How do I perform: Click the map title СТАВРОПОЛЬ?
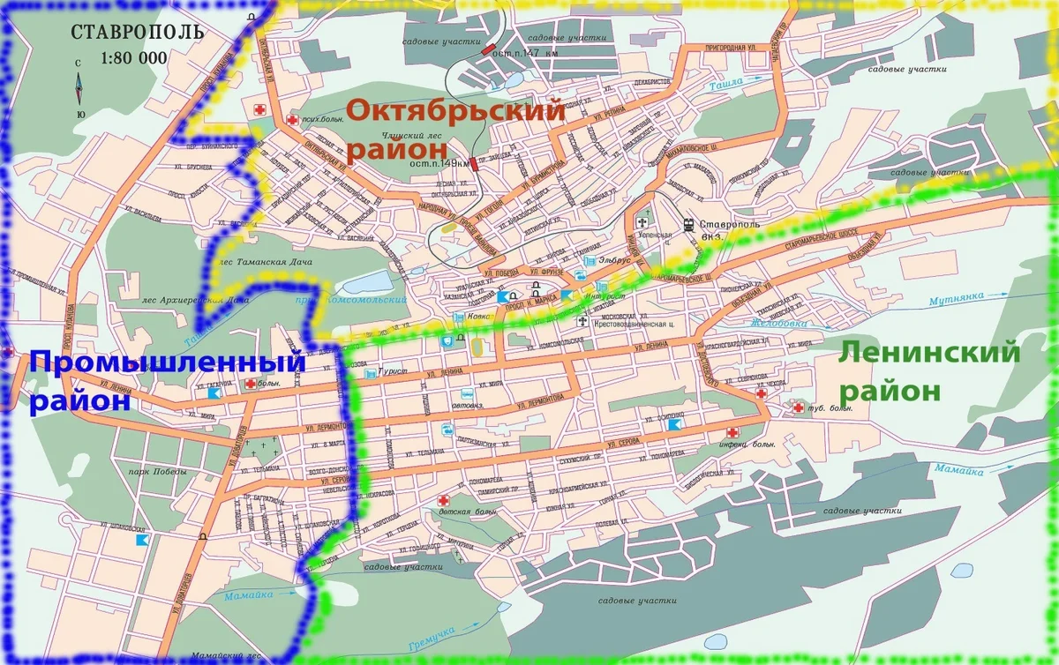[x=138, y=33]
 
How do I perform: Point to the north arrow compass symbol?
[x=79, y=90]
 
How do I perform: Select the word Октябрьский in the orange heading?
[x=455, y=112]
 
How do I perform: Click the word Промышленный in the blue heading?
[x=168, y=362]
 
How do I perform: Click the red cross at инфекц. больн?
[x=732, y=432]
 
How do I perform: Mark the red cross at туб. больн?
[x=797, y=407]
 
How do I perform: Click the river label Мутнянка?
[x=954, y=298]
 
